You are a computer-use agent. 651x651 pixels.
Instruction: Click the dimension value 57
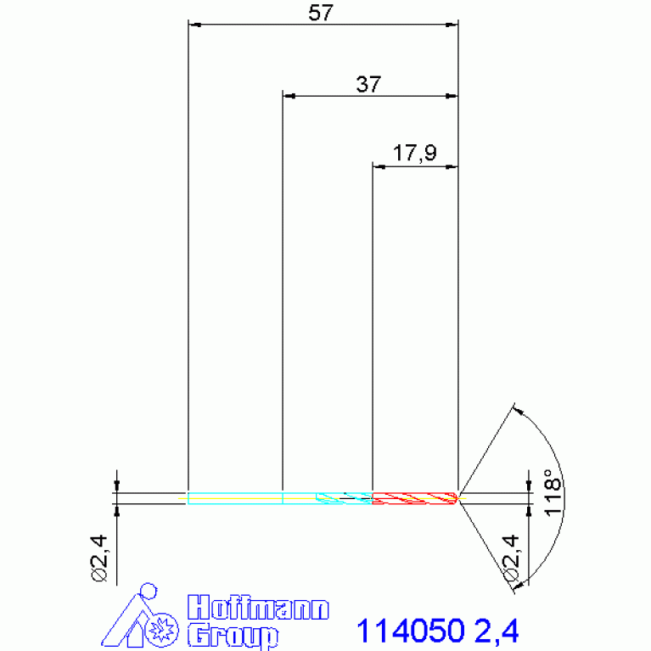[321, 13]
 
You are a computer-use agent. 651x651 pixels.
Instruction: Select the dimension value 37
[368, 84]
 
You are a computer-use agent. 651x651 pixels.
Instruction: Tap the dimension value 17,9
[415, 153]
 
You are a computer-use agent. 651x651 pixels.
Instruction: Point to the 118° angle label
[553, 493]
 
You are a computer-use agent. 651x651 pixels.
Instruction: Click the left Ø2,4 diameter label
[99, 558]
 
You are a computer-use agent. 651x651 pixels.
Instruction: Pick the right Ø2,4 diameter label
[511, 558]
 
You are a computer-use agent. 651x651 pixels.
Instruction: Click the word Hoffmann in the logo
[258, 608]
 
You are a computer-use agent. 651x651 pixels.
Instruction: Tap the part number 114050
[410, 631]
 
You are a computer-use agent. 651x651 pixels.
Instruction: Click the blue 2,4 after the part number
[497, 631]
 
